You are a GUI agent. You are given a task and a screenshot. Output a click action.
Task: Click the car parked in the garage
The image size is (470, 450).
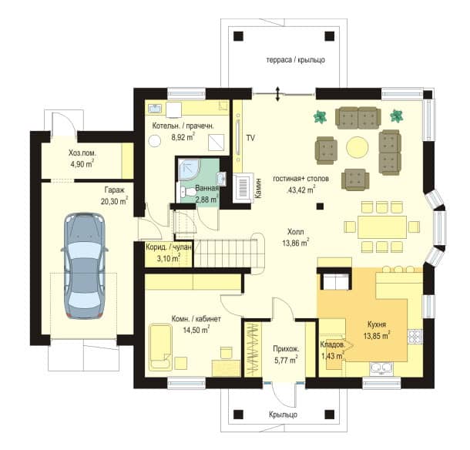coord(84,265)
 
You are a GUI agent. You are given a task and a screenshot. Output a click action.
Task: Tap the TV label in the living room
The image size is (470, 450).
coord(250,138)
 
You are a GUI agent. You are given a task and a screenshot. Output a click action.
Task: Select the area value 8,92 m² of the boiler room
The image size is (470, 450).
coord(183,137)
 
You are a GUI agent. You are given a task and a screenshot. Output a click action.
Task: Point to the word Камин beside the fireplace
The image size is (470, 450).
coord(259,188)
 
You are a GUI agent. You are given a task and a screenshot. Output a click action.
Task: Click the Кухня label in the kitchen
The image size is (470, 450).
coord(377,324)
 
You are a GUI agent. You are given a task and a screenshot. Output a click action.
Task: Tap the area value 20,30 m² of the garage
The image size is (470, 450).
coord(114,201)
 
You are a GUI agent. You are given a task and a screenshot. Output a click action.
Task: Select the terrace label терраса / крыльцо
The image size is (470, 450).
coord(296,59)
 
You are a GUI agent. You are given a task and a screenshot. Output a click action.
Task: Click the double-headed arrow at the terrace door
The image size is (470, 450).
coord(278,93)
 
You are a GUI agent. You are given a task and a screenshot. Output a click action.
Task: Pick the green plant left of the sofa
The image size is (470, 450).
coord(320,117)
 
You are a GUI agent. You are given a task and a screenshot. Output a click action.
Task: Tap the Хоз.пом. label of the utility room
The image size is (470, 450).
coord(82,153)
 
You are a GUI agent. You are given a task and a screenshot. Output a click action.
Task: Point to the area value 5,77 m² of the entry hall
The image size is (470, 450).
coord(286,360)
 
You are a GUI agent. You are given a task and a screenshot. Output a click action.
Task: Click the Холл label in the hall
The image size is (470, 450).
coord(296,232)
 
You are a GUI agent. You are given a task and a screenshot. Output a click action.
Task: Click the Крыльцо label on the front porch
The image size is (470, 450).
coord(283,415)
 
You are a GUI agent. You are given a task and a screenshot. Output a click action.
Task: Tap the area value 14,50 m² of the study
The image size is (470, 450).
coord(196,330)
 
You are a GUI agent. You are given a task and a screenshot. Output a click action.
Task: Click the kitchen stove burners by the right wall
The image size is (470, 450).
coord(415,337)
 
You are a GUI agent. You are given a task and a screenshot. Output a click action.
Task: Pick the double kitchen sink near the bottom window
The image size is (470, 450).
coord(381,368)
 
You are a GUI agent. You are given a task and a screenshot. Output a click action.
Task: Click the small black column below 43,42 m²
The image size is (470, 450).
coord(320,206)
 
